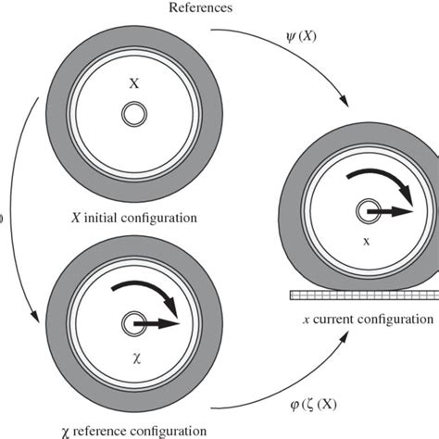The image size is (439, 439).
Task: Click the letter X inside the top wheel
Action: pyautogui.click(x=134, y=82)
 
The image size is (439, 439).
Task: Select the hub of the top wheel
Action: pyautogui.click(x=134, y=114)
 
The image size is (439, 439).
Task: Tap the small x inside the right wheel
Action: pyautogui.click(x=365, y=240)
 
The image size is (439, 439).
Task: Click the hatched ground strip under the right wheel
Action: pyautogui.click(x=362, y=295)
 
